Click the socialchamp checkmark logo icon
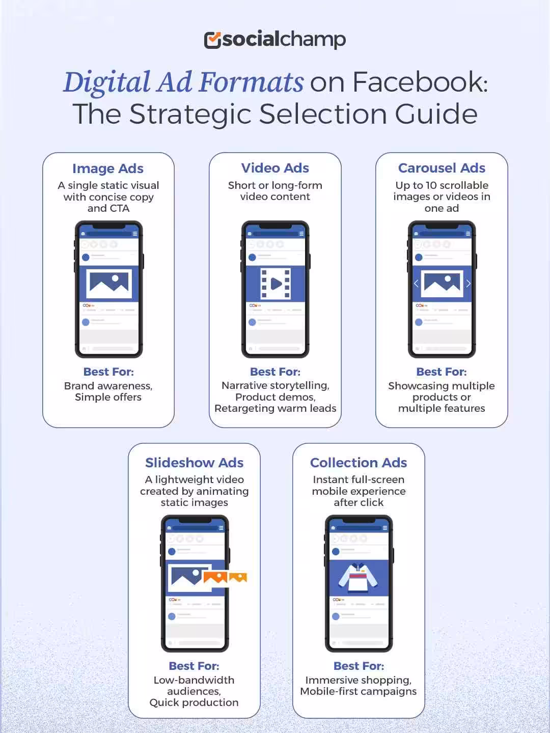[x=212, y=40]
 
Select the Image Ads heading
[x=108, y=168]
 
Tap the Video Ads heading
[x=275, y=168]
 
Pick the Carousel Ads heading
[x=442, y=168]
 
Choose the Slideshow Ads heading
[x=194, y=463]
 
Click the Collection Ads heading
[x=359, y=463]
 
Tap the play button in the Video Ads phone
[x=276, y=284]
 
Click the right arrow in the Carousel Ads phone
[x=468, y=284]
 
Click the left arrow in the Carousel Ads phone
[x=416, y=284]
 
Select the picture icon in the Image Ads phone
[x=109, y=284]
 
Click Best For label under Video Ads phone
[x=275, y=372]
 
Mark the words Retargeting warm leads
[x=275, y=408]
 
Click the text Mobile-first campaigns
[x=358, y=691]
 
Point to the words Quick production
[x=194, y=702]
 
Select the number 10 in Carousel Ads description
[x=431, y=185]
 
